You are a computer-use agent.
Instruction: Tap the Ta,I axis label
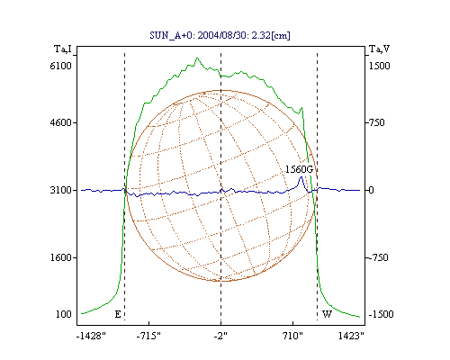click(63, 49)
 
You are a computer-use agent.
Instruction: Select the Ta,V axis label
click(379, 49)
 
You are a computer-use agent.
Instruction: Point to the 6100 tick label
click(60, 66)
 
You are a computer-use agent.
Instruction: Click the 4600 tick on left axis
click(60, 122)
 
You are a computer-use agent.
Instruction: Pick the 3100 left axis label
click(60, 190)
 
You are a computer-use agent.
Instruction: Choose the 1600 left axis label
click(60, 257)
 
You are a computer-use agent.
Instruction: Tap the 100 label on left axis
click(64, 314)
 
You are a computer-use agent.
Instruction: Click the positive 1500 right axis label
click(379, 66)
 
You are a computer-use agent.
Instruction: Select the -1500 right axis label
click(381, 314)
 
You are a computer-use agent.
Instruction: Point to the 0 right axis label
click(372, 190)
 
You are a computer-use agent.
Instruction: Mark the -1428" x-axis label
click(91, 336)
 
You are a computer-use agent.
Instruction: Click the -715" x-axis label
click(148, 336)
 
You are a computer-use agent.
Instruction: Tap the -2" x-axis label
click(220, 336)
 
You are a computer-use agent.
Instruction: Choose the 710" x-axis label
click(292, 336)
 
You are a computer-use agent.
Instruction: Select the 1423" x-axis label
click(351, 336)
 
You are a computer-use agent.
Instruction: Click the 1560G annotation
click(299, 169)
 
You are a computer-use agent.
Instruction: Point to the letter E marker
click(118, 314)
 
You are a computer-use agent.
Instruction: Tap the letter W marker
click(327, 314)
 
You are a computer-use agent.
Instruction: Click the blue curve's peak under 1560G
click(301, 177)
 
